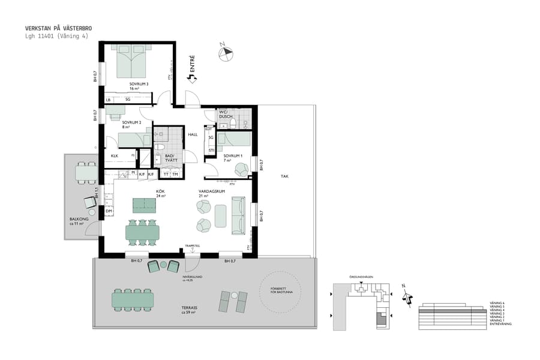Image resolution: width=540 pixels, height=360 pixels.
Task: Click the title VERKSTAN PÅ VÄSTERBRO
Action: pyautogui.click(x=58, y=28)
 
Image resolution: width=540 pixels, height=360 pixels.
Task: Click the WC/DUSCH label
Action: pyautogui.click(x=226, y=113)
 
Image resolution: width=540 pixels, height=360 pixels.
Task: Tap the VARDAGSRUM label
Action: pyautogui.click(x=212, y=193)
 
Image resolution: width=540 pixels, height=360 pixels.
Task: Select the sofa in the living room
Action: pyautogui.click(x=238, y=215)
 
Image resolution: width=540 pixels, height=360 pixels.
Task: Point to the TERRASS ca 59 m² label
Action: pyautogui.click(x=190, y=310)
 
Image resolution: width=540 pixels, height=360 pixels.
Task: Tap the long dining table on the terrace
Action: pyautogui.click(x=133, y=299)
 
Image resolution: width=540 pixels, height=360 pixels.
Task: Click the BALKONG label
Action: pyautogui.click(x=79, y=221)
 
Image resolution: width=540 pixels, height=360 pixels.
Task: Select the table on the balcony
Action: pyautogui.click(x=86, y=173)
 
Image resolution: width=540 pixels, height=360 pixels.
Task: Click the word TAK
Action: pyautogui.click(x=285, y=176)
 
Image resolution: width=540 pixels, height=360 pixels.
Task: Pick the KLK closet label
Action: pyautogui.click(x=115, y=157)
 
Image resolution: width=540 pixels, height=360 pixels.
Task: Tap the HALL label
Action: pyautogui.click(x=193, y=134)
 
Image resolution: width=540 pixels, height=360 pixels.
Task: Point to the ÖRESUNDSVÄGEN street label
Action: pyautogui.click(x=361, y=277)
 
